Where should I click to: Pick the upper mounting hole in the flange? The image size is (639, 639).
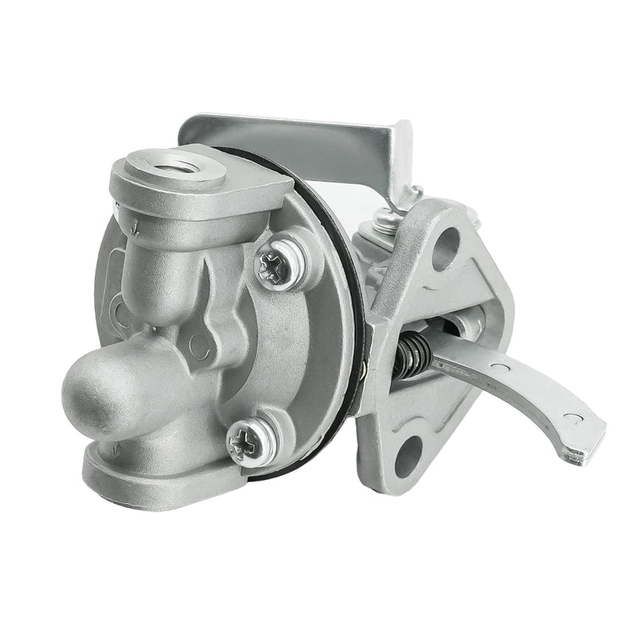(x=447, y=248)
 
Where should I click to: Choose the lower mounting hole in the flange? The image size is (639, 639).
(x=408, y=456)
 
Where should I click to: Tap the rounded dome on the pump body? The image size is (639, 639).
(x=96, y=391)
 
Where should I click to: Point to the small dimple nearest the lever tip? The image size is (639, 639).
(x=568, y=416)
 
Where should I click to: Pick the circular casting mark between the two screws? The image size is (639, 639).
(x=199, y=345)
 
